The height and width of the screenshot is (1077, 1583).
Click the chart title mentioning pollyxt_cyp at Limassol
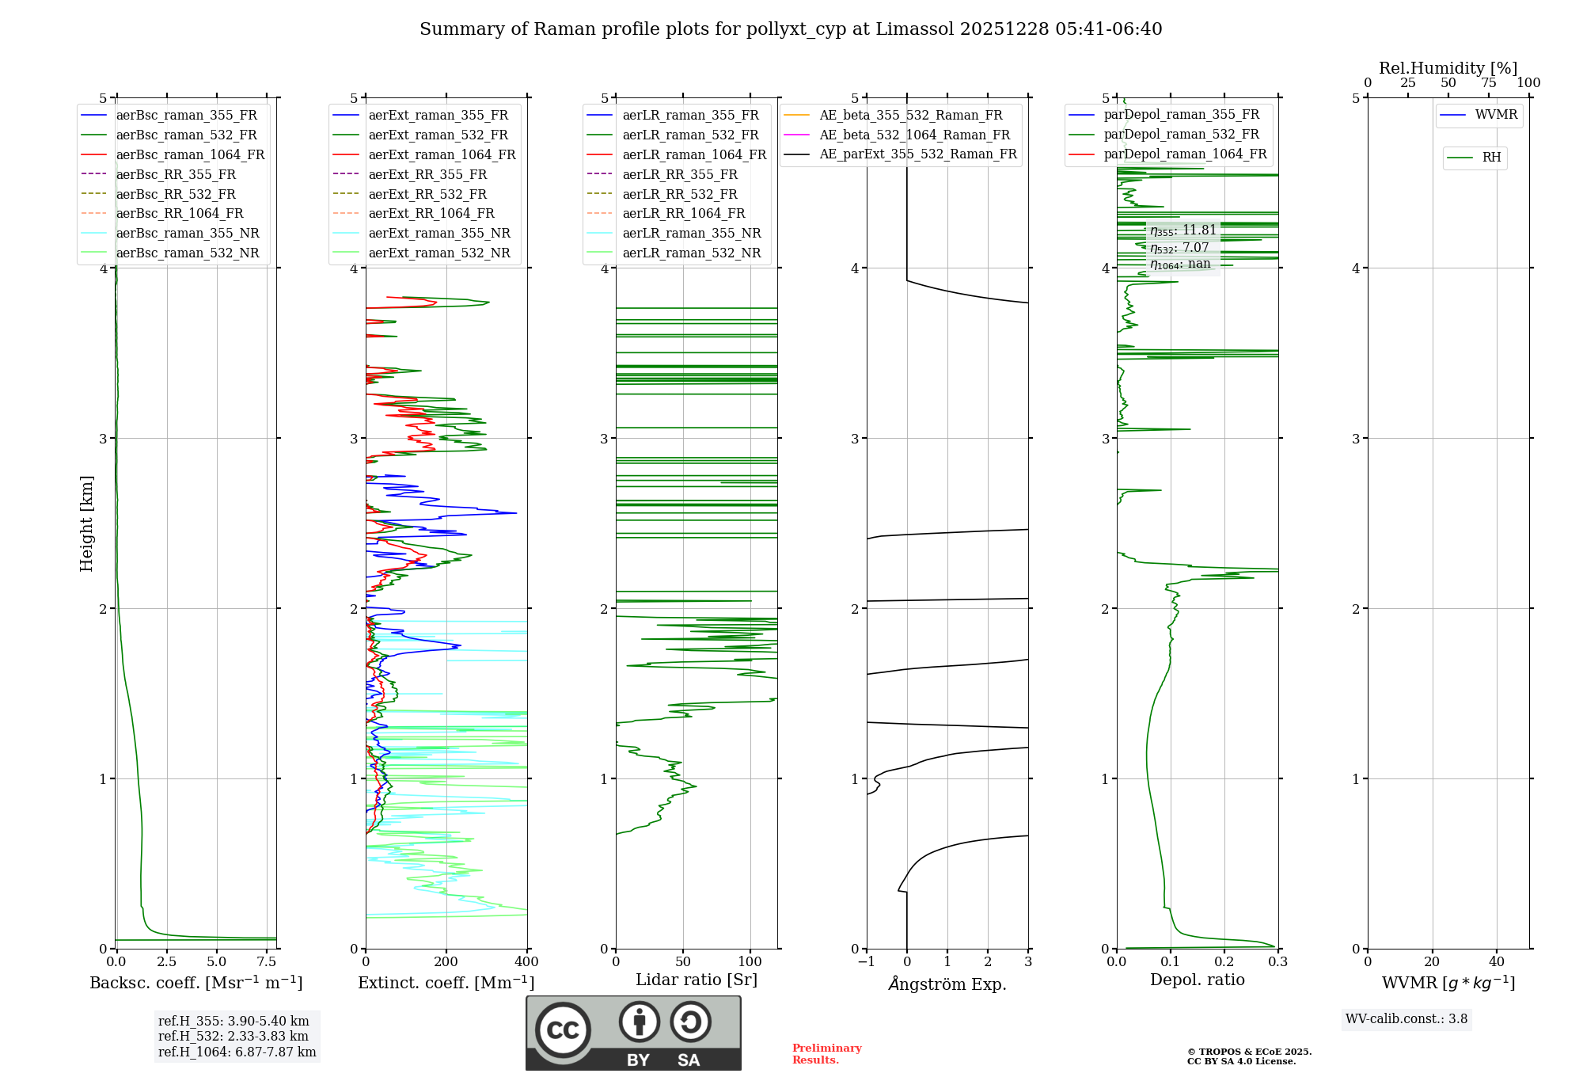[791, 29]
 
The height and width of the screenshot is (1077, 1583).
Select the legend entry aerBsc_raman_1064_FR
[190, 154]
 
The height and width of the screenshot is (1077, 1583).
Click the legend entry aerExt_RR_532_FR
[427, 194]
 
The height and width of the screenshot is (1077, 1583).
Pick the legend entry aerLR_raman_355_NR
[691, 233]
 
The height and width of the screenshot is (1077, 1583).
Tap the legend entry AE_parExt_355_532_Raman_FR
[917, 154]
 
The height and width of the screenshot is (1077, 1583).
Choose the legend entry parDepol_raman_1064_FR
[1185, 154]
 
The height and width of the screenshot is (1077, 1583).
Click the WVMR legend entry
[1496, 115]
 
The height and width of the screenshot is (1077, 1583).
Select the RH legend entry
[1491, 158]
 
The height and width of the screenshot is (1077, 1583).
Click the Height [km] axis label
[86, 523]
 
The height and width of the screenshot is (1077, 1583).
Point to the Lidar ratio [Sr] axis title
[697, 980]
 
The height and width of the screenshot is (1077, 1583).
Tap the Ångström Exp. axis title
[947, 984]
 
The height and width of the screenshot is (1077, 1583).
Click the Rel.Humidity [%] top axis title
[1448, 68]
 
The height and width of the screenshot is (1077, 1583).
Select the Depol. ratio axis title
[1197, 980]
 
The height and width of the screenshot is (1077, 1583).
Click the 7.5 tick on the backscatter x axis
[267, 962]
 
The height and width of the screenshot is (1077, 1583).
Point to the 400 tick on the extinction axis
[527, 962]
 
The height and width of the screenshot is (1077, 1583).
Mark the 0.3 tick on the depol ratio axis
[1277, 962]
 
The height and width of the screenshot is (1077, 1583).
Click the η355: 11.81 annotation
[1183, 230]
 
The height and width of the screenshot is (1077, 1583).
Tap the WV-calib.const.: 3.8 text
[1406, 1019]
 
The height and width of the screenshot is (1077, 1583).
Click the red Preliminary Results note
[826, 1054]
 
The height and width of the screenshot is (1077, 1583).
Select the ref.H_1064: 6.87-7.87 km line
[237, 1052]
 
